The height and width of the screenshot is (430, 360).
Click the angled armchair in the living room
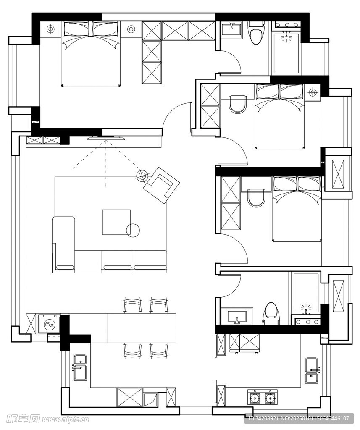tap(161, 185)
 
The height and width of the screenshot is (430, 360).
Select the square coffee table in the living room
tap(116, 222)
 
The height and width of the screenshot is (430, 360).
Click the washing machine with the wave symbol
tap(49, 324)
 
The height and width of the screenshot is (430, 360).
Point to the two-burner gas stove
tap(263, 397)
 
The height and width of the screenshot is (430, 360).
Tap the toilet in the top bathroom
tap(256, 33)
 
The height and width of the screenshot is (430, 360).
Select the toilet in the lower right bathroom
tap(271, 314)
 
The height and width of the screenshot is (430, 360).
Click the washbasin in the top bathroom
tap(231, 30)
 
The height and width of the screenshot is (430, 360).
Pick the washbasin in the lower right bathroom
tap(237, 316)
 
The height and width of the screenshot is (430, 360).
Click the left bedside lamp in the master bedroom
tap(50, 29)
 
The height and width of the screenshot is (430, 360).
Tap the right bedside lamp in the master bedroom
tap(131, 29)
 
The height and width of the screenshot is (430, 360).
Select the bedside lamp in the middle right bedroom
tap(313, 92)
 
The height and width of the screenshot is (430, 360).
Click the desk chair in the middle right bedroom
tap(237, 104)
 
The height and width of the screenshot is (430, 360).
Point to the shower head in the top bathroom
tap(287, 37)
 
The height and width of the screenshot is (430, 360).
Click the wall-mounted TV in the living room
tap(106, 139)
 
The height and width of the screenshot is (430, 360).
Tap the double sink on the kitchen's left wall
tap(80, 367)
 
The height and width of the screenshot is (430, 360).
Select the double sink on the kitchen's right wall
tap(312, 370)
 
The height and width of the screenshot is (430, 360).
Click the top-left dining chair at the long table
tap(133, 305)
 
